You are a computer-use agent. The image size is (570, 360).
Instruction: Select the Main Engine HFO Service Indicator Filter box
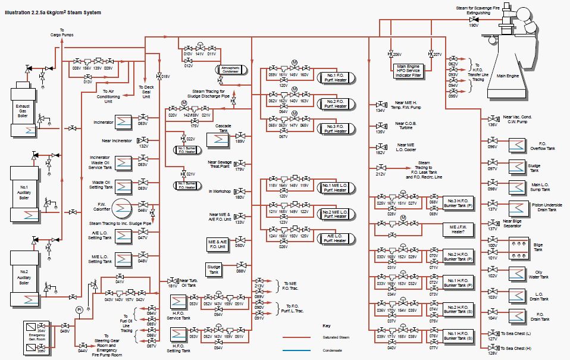coord(409,71)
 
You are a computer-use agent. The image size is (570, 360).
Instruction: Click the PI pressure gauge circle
coord(79,310)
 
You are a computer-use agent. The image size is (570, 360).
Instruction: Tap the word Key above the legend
coord(326,325)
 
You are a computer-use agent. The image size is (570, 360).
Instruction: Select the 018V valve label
coord(166,77)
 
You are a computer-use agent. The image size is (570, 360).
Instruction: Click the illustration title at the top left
coord(53,12)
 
